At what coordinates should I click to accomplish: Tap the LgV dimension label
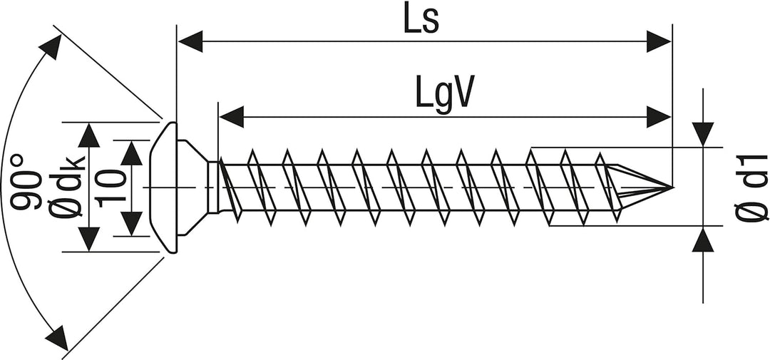445,93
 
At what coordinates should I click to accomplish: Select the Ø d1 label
751,187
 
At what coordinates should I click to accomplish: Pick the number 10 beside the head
108,188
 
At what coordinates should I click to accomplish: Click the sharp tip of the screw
671,187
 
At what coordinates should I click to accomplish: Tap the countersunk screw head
165,187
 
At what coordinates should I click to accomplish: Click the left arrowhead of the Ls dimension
190,41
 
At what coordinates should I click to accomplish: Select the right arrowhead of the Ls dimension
659,41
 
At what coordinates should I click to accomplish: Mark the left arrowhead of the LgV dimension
231,117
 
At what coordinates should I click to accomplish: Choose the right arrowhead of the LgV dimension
659,117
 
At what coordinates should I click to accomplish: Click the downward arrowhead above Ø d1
703,134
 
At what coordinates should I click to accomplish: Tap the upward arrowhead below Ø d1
703,240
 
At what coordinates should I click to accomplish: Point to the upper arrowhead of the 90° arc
51,46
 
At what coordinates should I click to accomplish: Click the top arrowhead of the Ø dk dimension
89,135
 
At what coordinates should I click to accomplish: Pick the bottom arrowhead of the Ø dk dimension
89,240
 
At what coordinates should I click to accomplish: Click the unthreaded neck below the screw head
213,187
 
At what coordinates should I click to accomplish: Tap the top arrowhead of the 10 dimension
131,153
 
